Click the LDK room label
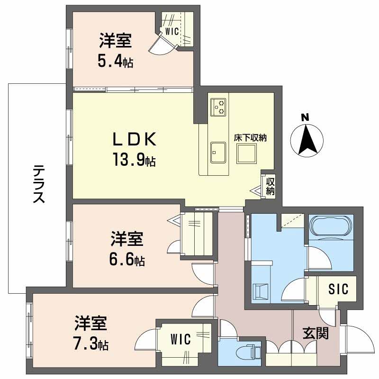134,140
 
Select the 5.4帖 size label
115,60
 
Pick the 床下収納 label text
251,138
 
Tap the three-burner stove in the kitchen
218,107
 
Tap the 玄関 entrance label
316,334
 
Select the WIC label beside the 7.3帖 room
181,339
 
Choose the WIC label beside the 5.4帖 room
171,32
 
